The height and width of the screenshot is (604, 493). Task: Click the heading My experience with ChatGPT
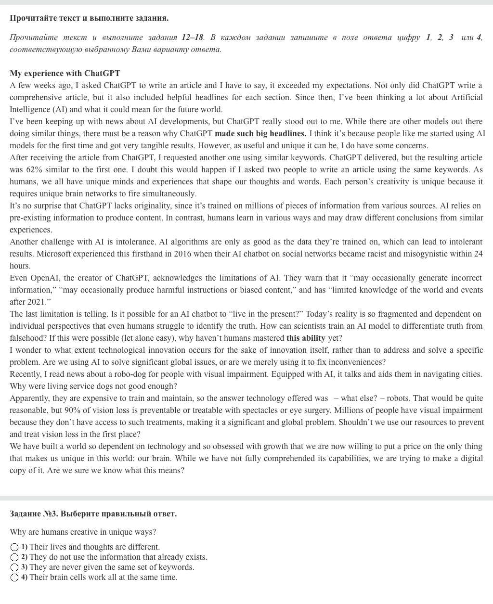[65, 73]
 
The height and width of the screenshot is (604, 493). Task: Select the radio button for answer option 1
[14, 547]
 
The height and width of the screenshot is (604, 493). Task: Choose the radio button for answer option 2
[14, 557]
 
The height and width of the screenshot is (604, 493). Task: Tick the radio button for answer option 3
[14, 567]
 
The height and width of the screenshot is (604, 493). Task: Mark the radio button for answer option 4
[14, 578]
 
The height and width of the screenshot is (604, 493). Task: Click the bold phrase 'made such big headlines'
[260, 133]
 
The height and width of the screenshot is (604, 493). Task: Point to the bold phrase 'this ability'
[306, 338]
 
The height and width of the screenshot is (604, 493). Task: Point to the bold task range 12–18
[193, 37]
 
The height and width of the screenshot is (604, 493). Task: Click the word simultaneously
[165, 193]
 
